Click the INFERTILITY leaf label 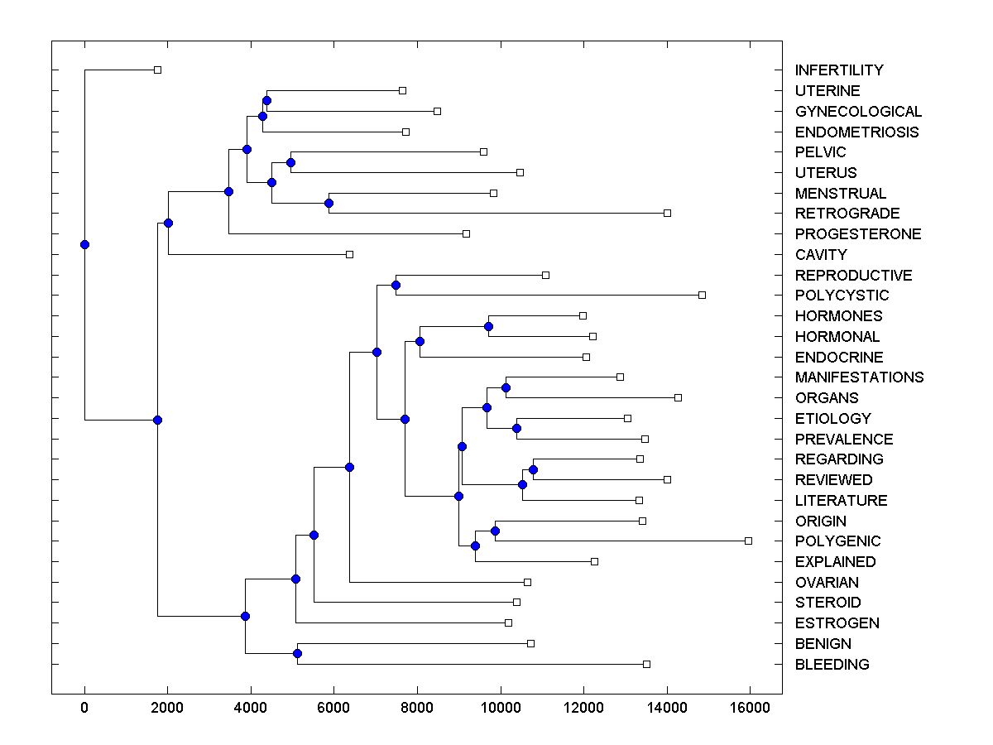838,70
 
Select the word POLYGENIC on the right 837,541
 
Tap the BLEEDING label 832,665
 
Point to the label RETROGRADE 847,214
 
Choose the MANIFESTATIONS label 859,377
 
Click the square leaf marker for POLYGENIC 748,541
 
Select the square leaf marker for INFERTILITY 157,70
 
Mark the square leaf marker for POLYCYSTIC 702,295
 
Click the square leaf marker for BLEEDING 646,664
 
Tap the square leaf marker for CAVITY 349,254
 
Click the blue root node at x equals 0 84,244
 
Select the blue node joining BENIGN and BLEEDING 297,654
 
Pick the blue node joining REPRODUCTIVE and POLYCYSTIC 396,285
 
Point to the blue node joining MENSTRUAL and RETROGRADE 329,203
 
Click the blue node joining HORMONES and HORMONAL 488,326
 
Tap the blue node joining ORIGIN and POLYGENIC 495,531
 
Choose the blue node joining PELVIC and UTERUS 290,162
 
